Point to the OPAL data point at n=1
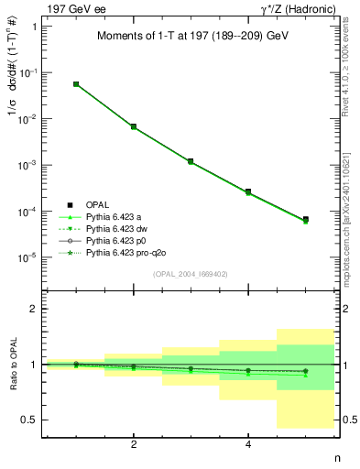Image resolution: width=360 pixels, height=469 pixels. point(76,84)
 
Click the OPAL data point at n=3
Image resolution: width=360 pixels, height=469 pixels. point(191,161)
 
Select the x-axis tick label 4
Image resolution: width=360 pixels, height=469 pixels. point(248,445)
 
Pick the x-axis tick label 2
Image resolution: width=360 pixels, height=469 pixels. point(134,445)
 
